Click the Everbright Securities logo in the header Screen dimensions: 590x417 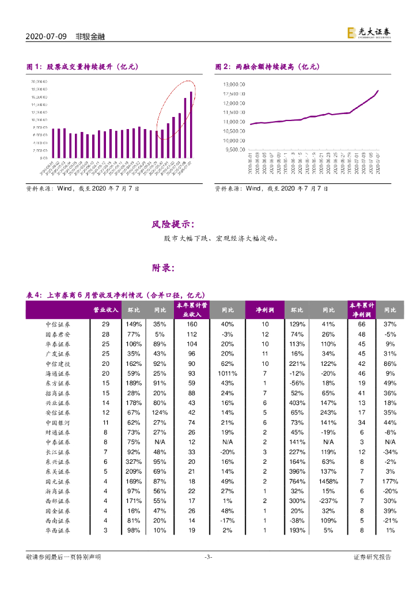pos(369,34)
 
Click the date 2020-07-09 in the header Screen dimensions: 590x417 pos(47,37)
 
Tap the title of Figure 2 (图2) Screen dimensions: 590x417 pos(267,67)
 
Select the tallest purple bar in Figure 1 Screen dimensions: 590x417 pos(191,124)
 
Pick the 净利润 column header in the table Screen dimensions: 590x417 pos(265,310)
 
